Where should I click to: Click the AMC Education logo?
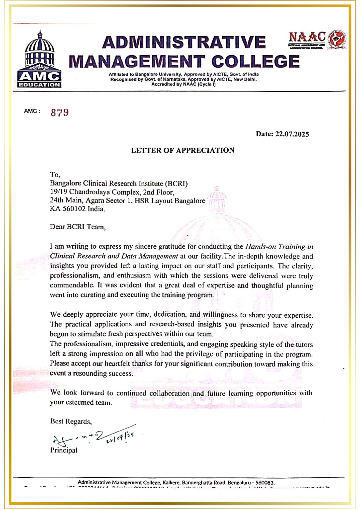[39, 60]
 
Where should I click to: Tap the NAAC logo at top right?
[317, 40]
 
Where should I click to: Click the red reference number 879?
[59, 112]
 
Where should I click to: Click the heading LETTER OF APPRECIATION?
[182, 150]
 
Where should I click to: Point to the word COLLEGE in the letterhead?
[255, 62]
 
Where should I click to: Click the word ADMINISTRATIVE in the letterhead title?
[184, 42]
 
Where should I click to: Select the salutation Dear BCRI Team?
[77, 227]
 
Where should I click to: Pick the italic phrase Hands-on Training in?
[279, 247]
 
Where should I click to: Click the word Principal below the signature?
[64, 450]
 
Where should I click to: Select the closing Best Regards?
[71, 421]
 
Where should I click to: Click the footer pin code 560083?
[265, 483]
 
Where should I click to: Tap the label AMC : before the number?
[32, 111]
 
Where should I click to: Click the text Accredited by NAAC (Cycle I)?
[183, 84]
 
